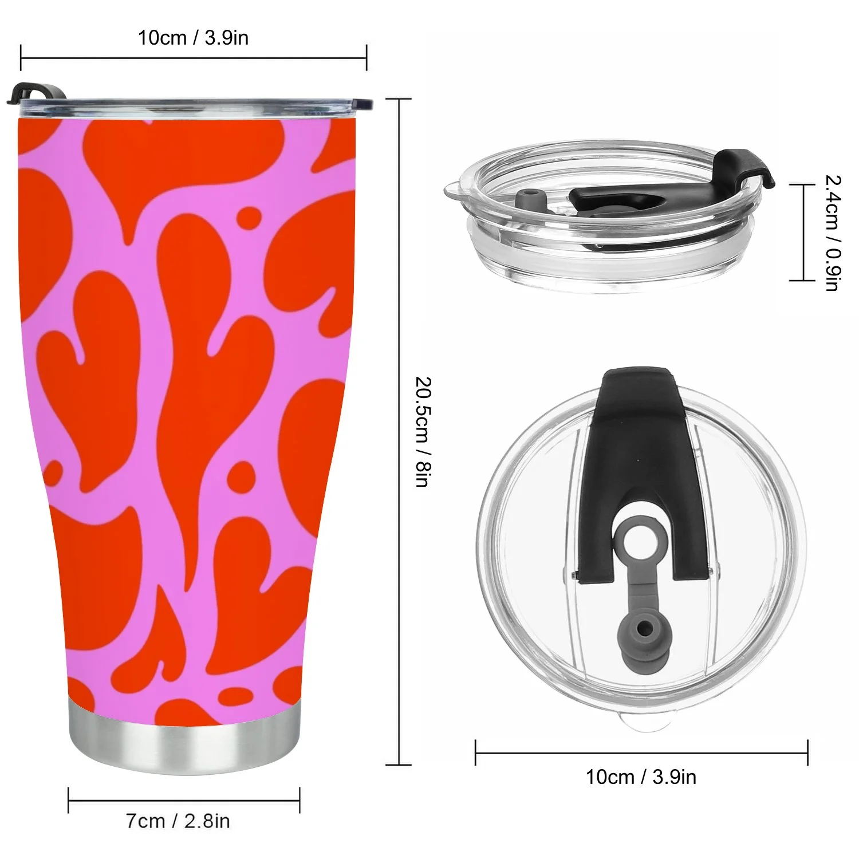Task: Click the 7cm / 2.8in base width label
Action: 178,821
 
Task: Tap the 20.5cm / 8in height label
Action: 422,432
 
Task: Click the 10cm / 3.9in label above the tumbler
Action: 193,38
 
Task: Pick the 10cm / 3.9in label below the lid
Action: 641,777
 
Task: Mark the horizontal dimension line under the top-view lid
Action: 641,752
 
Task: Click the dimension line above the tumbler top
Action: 193,57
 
